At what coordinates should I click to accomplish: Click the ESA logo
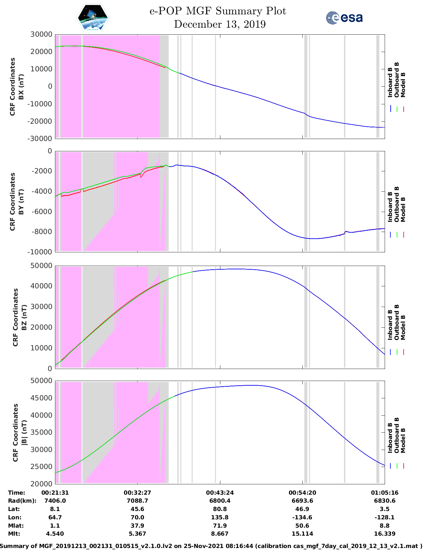[344, 18]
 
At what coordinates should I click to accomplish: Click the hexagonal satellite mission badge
[93, 18]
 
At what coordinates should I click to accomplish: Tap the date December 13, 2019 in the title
[220, 24]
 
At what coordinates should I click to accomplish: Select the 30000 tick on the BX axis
[41, 34]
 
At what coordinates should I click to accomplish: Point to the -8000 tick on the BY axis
[42, 232]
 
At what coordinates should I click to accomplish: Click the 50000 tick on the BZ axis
[41, 266]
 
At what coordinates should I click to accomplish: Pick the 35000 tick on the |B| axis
[41, 432]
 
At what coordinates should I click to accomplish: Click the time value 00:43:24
[220, 493]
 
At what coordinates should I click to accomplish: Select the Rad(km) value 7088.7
[137, 501]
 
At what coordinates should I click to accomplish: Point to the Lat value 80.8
[220, 509]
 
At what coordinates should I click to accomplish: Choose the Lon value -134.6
[302, 517]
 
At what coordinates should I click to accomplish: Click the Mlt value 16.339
[385, 534]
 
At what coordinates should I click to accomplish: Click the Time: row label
[17, 493]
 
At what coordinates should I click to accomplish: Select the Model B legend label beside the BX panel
[403, 85]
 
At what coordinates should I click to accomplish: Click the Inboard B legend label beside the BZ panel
[390, 325]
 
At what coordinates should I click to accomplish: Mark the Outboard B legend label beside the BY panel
[397, 204]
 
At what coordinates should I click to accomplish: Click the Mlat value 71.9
[220, 526]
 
